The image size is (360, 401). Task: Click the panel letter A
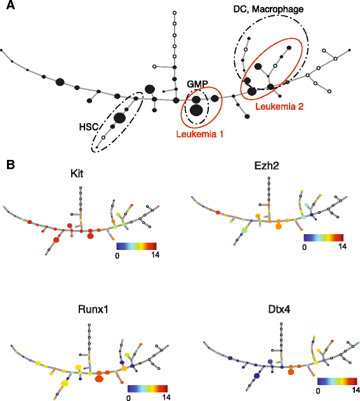(x=10, y=5)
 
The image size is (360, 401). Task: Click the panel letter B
(x=11, y=165)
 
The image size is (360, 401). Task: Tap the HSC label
(x=89, y=127)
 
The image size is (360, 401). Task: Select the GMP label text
(x=197, y=84)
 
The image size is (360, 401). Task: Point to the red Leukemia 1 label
(x=199, y=134)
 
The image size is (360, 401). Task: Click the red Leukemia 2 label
(x=279, y=107)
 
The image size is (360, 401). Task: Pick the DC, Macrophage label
(x=269, y=10)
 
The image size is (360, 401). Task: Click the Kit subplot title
(x=77, y=174)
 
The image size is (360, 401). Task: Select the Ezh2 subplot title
(x=267, y=166)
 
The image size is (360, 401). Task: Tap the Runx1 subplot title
(x=93, y=310)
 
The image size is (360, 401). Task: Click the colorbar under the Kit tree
(x=137, y=246)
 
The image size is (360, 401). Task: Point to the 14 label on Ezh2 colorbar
(x=342, y=246)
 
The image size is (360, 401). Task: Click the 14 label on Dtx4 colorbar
(x=356, y=390)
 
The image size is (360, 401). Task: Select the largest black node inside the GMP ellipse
(x=196, y=110)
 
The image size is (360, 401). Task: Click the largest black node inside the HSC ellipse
(x=119, y=118)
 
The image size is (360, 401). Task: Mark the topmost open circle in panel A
(x=175, y=12)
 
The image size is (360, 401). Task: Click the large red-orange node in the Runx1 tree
(x=99, y=379)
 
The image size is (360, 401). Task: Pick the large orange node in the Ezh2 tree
(x=278, y=226)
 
